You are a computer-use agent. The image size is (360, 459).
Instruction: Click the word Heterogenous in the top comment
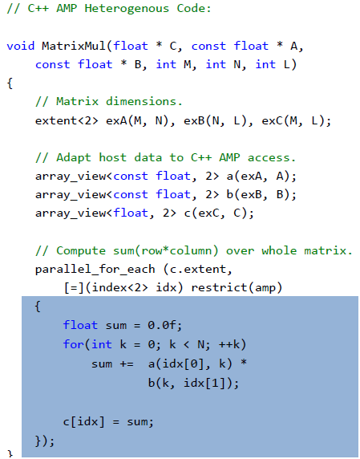tap(127, 9)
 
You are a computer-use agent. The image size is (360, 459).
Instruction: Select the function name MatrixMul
tap(74, 46)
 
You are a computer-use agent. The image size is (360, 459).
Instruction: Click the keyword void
tap(21, 46)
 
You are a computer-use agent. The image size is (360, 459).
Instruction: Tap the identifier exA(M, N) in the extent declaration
tap(137, 120)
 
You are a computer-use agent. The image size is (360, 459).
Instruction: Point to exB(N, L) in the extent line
tap(215, 120)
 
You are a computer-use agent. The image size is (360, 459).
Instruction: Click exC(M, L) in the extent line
tap(293, 120)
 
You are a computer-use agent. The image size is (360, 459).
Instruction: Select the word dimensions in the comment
tap(141, 102)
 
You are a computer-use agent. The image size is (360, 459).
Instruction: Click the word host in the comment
tap(112, 158)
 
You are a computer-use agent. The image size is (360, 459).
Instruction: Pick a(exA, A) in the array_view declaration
tap(257, 177)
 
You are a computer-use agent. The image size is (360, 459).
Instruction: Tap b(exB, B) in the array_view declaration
tap(257, 195)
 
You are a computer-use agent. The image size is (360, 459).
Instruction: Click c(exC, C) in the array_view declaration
tap(215, 213)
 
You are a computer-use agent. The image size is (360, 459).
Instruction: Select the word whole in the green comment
tap(279, 251)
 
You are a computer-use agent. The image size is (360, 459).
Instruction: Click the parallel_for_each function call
tap(95, 270)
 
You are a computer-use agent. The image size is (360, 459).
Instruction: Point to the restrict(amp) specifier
tap(237, 288)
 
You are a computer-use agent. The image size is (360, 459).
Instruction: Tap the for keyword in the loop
tap(74, 344)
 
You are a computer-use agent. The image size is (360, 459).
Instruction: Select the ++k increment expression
tap(229, 344)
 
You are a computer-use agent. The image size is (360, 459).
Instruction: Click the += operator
tap(127, 364)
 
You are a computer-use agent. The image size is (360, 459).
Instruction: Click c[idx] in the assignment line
tap(83, 422)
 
